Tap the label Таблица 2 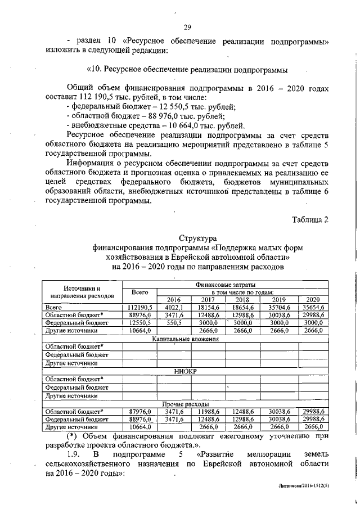click(x=309, y=219)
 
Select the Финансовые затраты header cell click(x=243, y=285)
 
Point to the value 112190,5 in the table click(x=139, y=308)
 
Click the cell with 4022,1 click(x=174, y=308)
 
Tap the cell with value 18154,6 click(x=208, y=308)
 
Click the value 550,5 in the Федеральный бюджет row click(x=174, y=323)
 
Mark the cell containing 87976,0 click(x=139, y=411)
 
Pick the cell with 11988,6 click(x=208, y=411)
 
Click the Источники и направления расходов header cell click(x=82, y=291)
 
